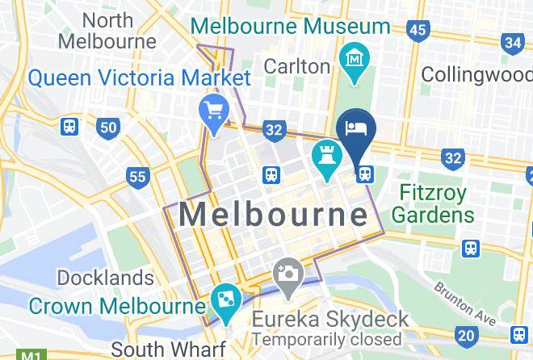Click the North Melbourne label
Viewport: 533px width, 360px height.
(x=107, y=30)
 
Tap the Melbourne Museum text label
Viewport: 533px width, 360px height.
(x=290, y=26)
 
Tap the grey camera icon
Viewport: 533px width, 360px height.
(x=287, y=274)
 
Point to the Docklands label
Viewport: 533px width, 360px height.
(x=105, y=278)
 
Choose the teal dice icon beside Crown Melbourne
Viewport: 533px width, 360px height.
(x=222, y=303)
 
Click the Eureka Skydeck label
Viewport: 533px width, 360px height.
(x=329, y=320)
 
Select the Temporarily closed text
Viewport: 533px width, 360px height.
(x=326, y=340)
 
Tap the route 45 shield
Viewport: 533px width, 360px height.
(x=418, y=31)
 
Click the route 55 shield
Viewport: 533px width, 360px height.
(x=137, y=176)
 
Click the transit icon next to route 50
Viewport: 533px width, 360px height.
(x=69, y=127)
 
